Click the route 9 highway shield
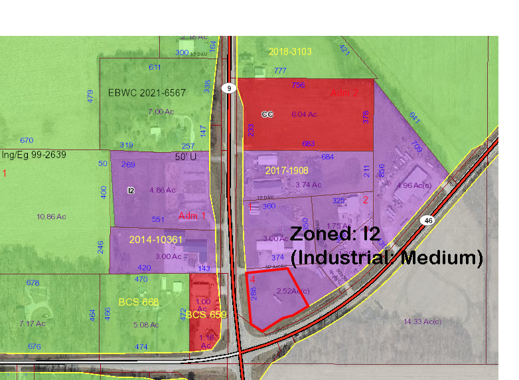pyautogui.click(x=229, y=88)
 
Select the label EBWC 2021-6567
pyautogui.click(x=147, y=93)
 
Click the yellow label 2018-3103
pyautogui.click(x=290, y=52)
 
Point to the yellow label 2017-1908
pyautogui.click(x=287, y=171)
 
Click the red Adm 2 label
pyautogui.click(x=344, y=93)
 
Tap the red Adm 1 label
pyautogui.click(x=192, y=216)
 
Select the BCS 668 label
pyautogui.click(x=139, y=302)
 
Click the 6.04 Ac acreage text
pyautogui.click(x=304, y=114)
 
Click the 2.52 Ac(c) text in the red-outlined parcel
pyautogui.click(x=293, y=291)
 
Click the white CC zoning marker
pyautogui.click(x=267, y=114)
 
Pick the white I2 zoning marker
pyautogui.click(x=131, y=191)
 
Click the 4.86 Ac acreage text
pyautogui.click(x=163, y=190)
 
